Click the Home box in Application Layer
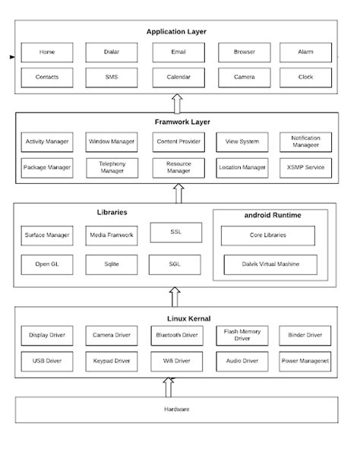point(47,52)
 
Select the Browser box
point(244,52)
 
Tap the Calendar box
point(178,77)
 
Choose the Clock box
point(305,77)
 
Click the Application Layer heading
point(176,31)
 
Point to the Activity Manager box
point(47,142)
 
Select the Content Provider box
point(178,142)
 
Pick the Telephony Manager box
point(112,167)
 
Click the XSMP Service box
point(305,167)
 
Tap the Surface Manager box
point(47,236)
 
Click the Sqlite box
point(112,265)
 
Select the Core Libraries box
point(268,236)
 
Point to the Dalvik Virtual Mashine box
point(270,265)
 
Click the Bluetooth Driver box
point(178,335)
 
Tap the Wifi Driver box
point(178,360)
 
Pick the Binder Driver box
point(305,335)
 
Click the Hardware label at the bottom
point(176,409)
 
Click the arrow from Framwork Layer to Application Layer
point(176,103)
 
